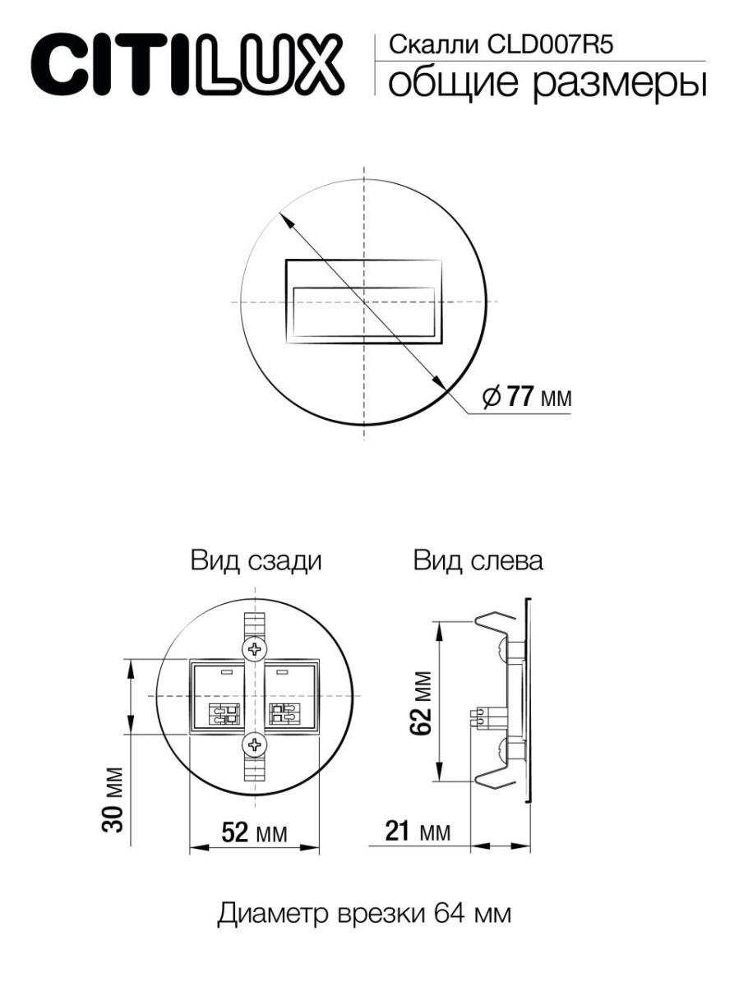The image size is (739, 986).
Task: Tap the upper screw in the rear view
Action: click(255, 648)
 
